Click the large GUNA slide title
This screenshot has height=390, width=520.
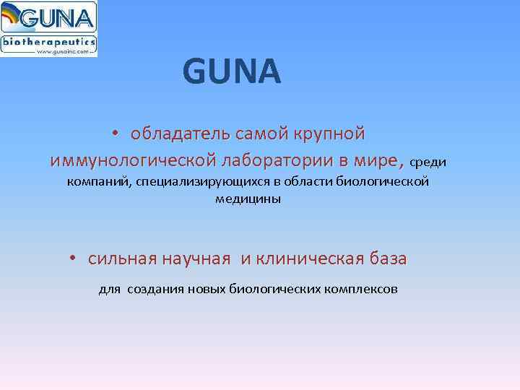(x=231, y=72)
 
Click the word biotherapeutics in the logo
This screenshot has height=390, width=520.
(x=48, y=42)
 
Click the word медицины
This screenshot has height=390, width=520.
(x=248, y=199)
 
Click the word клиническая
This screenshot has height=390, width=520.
(x=311, y=259)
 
